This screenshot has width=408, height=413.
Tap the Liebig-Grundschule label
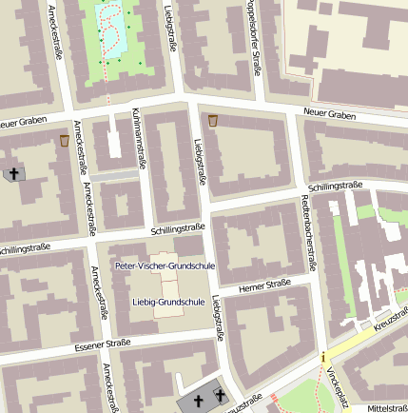167,302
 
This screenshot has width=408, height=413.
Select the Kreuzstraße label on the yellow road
390,324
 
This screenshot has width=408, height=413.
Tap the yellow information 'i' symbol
323,358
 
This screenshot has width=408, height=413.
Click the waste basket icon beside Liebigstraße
212,121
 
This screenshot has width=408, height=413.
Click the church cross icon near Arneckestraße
12,174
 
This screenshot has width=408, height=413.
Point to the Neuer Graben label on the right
329,114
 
